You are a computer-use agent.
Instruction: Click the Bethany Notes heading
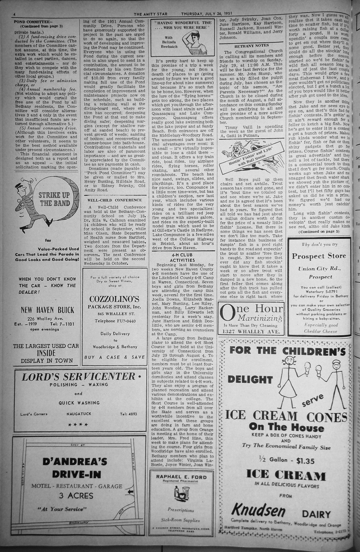point(251,45)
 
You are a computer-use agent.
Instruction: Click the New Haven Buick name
point(47,310)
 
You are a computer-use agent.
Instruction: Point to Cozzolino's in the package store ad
point(114,299)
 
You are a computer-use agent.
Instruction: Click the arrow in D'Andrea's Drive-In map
point(131,492)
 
